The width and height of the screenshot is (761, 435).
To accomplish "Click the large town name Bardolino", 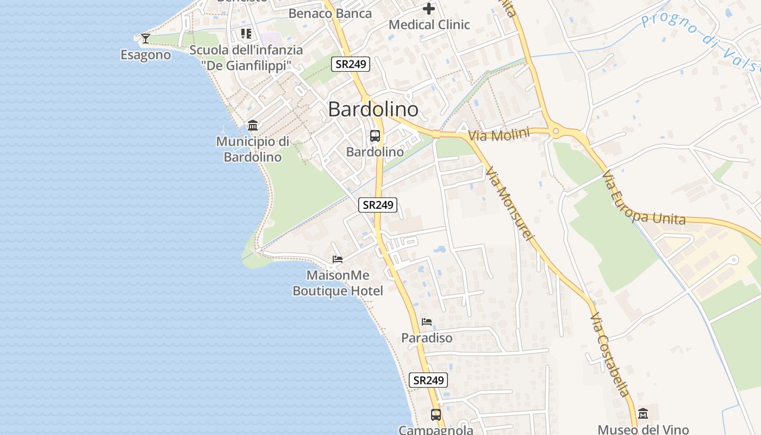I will tap(373, 109).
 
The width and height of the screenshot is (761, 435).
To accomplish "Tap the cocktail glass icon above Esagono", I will tap(145, 38).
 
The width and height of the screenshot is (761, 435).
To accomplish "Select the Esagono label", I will tap(146, 55).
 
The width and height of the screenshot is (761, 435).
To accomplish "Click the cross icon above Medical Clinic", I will tap(429, 9).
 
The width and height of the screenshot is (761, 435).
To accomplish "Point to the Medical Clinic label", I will tap(429, 24).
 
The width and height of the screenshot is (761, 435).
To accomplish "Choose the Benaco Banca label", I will tap(330, 14).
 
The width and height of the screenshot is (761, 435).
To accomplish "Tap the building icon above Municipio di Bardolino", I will tap(253, 126).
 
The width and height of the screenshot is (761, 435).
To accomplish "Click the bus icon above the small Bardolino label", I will tap(375, 136).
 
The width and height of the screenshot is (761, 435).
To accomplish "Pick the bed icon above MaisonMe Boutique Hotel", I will tap(338, 259).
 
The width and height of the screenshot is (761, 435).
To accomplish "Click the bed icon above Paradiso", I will tap(427, 322).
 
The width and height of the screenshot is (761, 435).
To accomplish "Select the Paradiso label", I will tap(427, 338).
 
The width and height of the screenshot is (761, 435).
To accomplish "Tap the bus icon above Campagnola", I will tap(436, 415).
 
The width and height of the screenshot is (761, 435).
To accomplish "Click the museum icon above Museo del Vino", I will tap(643, 414).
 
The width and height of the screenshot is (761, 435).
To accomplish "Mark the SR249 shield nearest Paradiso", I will tap(428, 380).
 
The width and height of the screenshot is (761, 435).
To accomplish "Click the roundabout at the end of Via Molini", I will tap(555, 131).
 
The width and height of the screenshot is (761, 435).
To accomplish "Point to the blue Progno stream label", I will tap(701, 41).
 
